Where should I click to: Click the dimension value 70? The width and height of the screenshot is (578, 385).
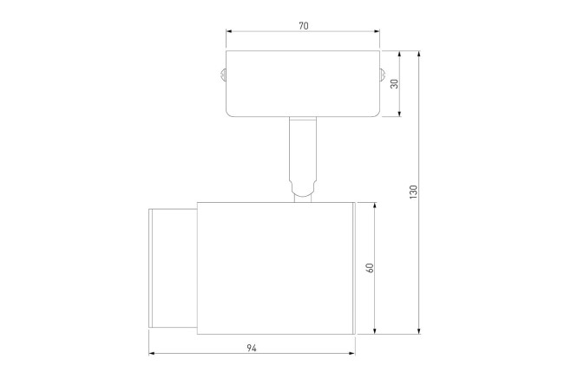click(304, 26)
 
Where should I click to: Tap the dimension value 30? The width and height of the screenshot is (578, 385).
click(394, 83)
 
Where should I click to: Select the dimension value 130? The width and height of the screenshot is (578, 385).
click(413, 192)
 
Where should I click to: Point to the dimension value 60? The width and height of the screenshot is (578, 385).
click(370, 268)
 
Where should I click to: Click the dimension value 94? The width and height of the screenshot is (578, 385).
click(252, 348)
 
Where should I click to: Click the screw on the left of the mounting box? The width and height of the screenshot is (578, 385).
click(223, 75)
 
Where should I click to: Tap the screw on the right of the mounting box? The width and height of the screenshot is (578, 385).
click(382, 75)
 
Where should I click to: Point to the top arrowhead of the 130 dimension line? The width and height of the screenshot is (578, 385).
click(419, 54)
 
